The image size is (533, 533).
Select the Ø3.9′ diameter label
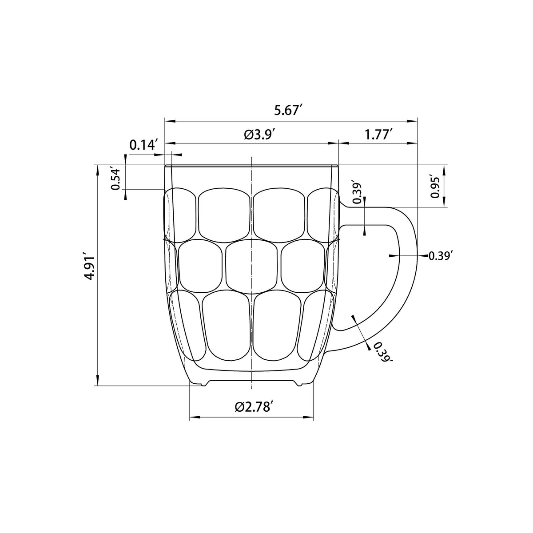[259, 135]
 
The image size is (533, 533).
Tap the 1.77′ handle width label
[378, 135]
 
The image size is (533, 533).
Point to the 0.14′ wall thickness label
[143, 145]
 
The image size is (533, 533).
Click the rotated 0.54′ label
[116, 178]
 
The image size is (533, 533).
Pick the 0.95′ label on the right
[435, 186]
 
